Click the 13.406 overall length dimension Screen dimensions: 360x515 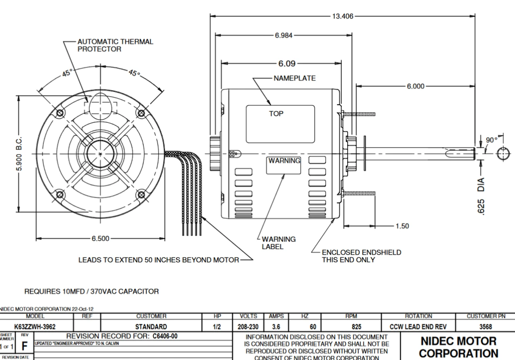point(342,17)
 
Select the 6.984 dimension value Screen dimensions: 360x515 point(284,35)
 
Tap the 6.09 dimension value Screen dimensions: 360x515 point(286,64)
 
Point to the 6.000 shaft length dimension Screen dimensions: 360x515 point(415,86)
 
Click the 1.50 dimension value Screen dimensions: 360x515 point(402,226)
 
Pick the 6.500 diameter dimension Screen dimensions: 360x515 point(100,238)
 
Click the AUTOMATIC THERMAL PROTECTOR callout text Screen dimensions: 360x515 point(115,45)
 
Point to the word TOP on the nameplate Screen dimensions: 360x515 point(276,114)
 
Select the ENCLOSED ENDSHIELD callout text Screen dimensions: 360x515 point(361,256)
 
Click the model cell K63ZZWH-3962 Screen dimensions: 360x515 point(35,327)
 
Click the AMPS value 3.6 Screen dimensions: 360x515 point(276,327)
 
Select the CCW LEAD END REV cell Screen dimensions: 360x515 point(418,327)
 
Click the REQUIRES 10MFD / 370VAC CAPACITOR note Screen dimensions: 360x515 point(92,291)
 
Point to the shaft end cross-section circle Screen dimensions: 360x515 point(503,154)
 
